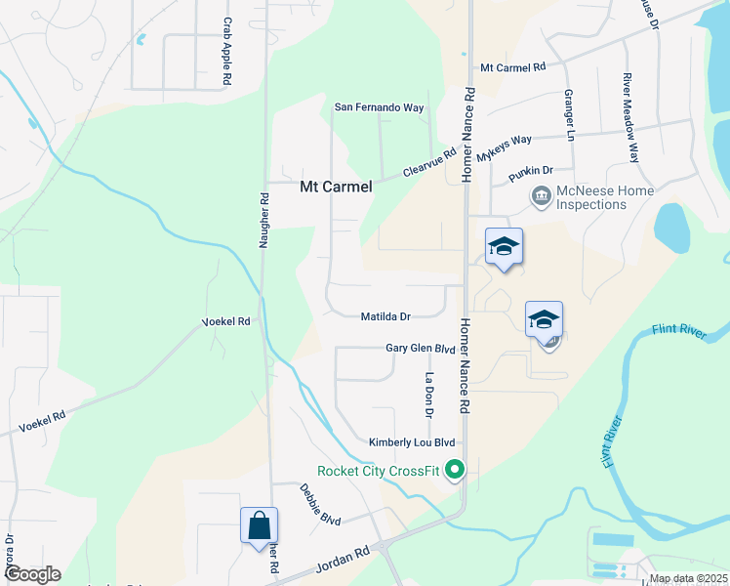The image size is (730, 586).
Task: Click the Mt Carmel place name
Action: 336,187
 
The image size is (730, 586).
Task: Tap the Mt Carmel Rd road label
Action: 511,67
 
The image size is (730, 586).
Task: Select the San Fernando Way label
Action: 380,106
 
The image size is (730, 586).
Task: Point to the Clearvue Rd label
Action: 429,163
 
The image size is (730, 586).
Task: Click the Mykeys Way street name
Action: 505,148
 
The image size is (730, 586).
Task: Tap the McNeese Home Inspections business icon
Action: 541,197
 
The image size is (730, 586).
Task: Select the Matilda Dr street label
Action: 385,316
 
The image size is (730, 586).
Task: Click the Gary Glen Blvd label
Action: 421,348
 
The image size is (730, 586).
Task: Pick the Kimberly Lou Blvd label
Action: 412,442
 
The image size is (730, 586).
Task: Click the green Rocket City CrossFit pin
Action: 454,471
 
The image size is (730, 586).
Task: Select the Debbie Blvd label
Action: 319,504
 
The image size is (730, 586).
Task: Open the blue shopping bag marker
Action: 260,524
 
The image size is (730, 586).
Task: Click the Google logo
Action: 31,574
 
